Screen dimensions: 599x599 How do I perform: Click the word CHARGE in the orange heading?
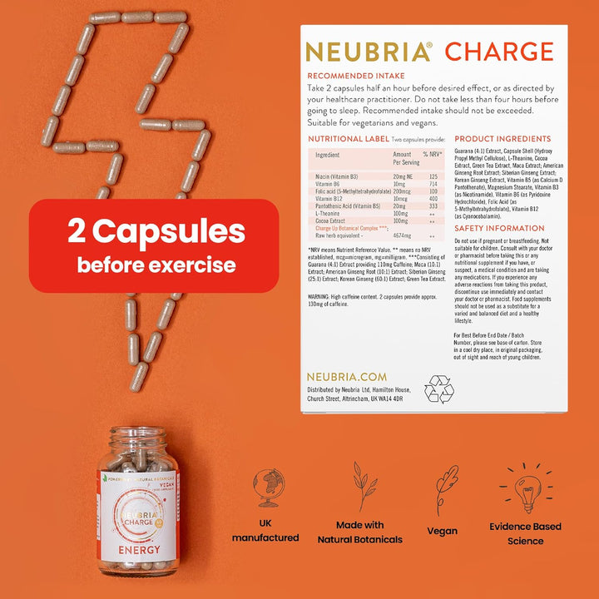(x=498, y=51)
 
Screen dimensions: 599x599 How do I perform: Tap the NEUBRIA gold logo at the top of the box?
(x=369, y=52)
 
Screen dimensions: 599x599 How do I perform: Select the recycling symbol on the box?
(x=438, y=389)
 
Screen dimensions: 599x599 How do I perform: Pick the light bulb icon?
(x=525, y=489)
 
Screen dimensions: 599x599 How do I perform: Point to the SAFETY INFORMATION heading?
(x=500, y=228)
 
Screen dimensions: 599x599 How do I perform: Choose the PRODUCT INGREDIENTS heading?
(x=502, y=139)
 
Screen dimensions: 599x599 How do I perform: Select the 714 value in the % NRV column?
(x=433, y=184)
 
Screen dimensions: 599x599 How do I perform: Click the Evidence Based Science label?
(x=525, y=533)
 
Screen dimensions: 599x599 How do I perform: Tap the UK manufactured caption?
(x=265, y=532)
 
